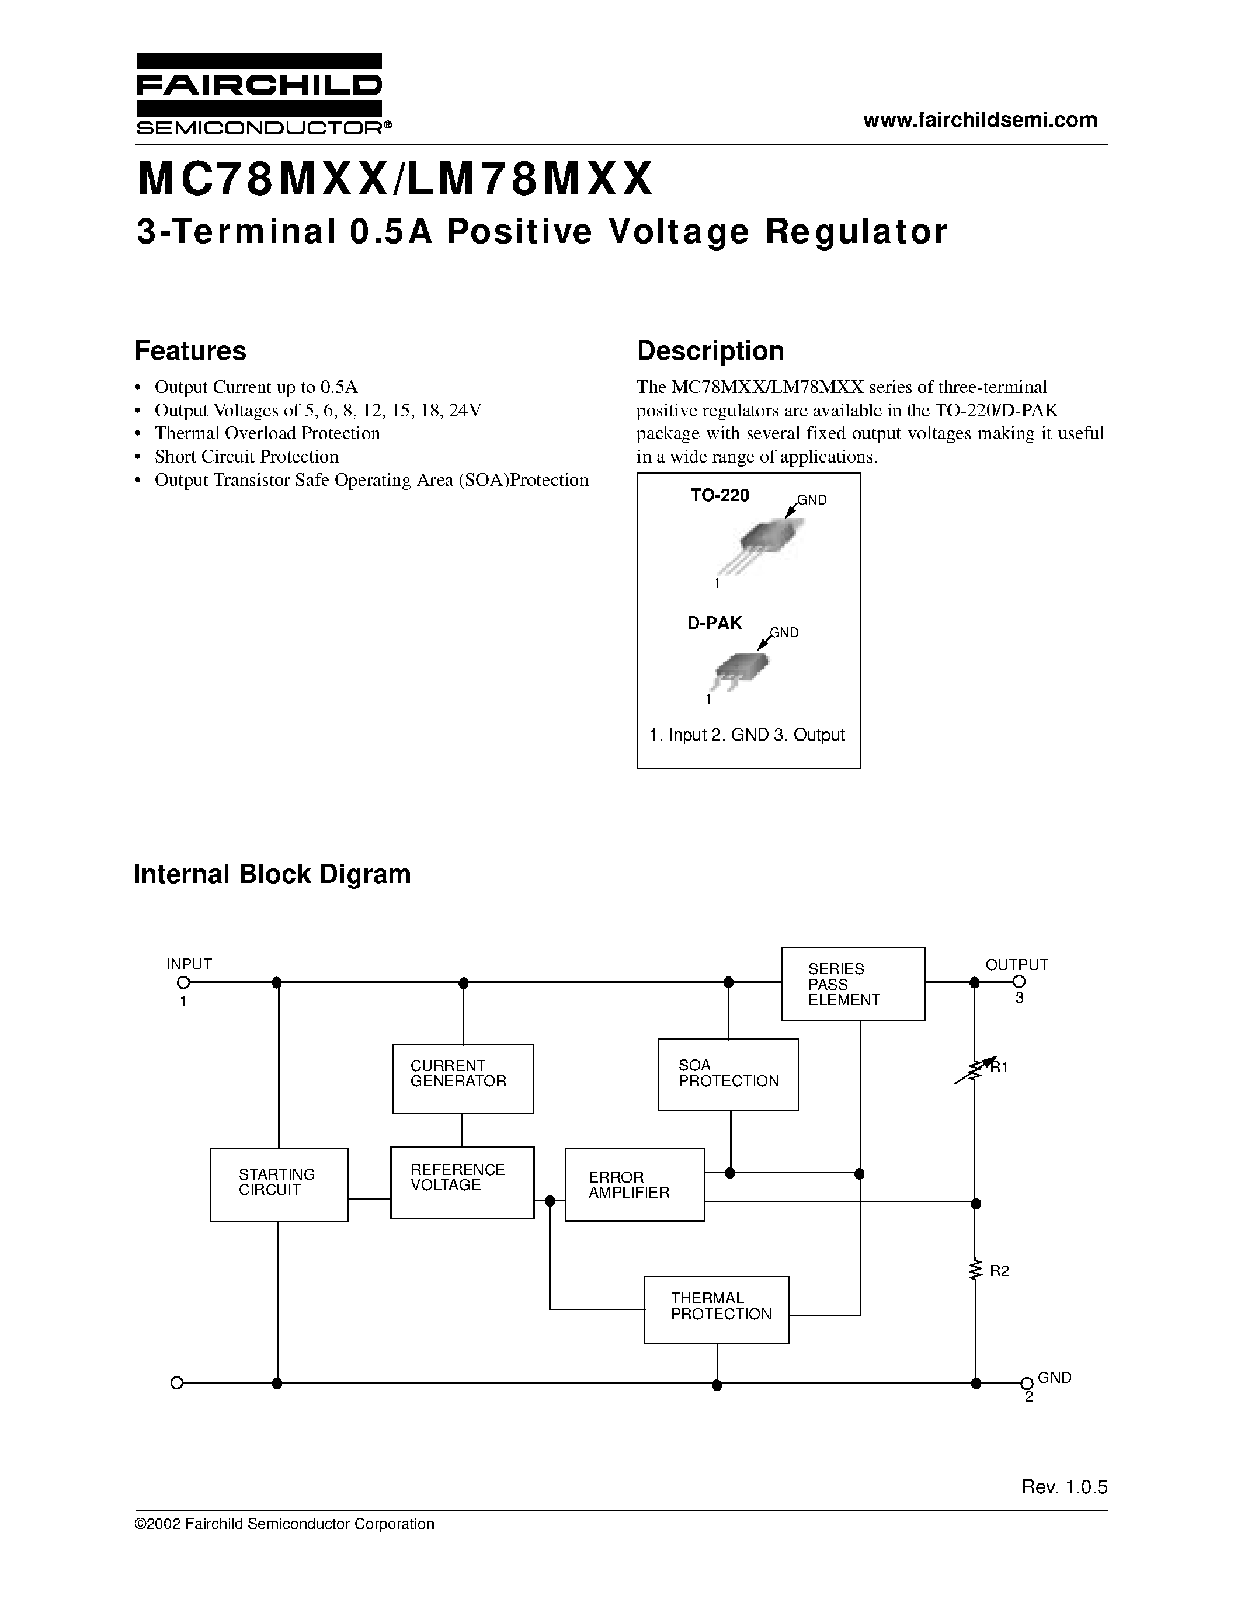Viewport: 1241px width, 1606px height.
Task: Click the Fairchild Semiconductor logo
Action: tap(259, 93)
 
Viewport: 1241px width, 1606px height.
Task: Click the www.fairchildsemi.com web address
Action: tap(980, 120)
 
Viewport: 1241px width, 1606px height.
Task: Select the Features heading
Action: tap(190, 351)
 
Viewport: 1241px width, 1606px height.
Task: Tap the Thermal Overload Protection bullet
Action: tap(267, 433)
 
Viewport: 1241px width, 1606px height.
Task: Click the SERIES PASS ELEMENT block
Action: tap(852, 984)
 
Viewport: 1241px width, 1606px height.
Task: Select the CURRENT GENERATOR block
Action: tap(463, 1079)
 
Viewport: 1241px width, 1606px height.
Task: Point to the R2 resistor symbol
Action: tap(976, 1271)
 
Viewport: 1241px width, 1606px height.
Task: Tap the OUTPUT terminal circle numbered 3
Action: tap(1018, 982)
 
